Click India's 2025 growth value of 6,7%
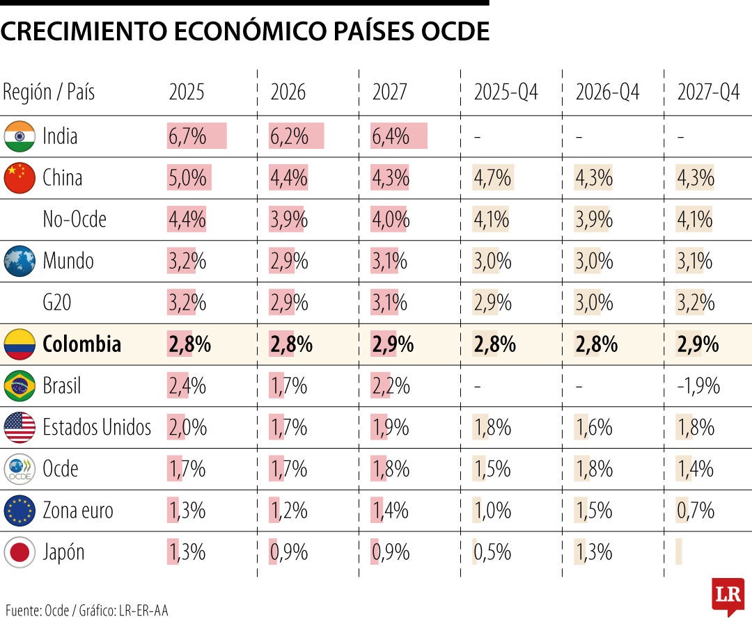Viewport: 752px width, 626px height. tap(187, 136)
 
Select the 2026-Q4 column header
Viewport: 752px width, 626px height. tap(607, 93)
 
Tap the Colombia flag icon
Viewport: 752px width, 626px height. tap(19, 344)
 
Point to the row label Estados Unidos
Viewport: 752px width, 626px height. tap(96, 427)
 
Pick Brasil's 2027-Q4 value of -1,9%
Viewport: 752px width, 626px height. tap(698, 386)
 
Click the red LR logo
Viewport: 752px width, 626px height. tap(728, 595)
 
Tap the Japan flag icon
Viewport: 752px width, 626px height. tap(19, 552)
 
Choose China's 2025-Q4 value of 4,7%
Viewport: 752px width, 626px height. tap(492, 178)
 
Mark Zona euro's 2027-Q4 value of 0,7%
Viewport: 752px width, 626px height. tap(696, 511)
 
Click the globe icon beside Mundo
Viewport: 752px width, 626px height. tap(19, 262)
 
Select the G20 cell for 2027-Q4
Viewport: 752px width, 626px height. tap(696, 303)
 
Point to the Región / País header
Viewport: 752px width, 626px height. tap(49, 93)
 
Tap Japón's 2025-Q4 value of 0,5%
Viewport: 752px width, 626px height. tap(492, 552)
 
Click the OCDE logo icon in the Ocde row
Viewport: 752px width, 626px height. tap(19, 469)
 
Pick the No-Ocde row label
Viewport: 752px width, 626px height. tap(75, 220)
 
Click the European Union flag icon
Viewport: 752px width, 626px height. tap(19, 511)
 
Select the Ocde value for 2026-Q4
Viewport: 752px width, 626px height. tap(594, 469)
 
